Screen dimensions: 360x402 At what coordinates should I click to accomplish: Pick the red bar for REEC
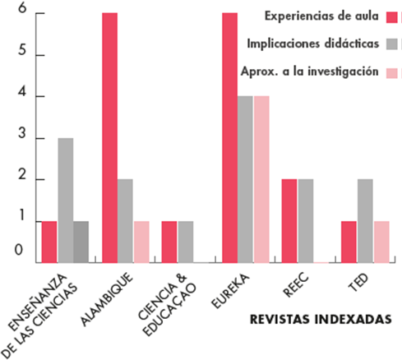289,220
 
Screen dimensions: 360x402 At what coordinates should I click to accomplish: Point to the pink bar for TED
381,242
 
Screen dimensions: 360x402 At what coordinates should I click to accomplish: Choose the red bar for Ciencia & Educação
169,242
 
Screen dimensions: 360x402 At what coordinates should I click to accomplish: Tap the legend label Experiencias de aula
321,15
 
